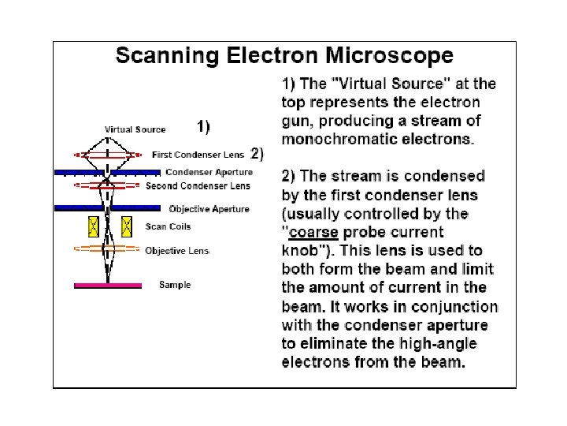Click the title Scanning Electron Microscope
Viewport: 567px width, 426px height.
tap(284, 56)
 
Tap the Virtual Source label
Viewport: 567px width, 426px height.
tap(135, 129)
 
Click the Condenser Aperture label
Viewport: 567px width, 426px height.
tap(209, 172)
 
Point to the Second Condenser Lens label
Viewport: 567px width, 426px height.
tap(198, 186)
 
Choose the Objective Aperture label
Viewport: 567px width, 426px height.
tap(209, 209)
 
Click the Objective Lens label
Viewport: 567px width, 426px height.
tap(177, 251)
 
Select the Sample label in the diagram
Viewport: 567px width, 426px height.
tap(175, 285)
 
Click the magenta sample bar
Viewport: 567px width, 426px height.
tap(108, 285)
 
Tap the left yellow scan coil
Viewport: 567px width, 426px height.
tap(93, 227)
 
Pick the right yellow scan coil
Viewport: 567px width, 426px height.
tap(125, 227)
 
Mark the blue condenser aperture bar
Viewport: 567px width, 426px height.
tap(109, 172)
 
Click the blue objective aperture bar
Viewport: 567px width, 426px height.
tap(109, 208)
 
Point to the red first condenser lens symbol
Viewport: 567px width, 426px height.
tap(109, 155)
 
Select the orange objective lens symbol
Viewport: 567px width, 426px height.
tap(109, 249)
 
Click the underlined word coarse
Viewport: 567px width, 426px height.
tap(314, 232)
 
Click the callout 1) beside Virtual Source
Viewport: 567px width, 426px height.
tap(203, 126)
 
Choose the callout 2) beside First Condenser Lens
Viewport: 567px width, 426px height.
tap(257, 152)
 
